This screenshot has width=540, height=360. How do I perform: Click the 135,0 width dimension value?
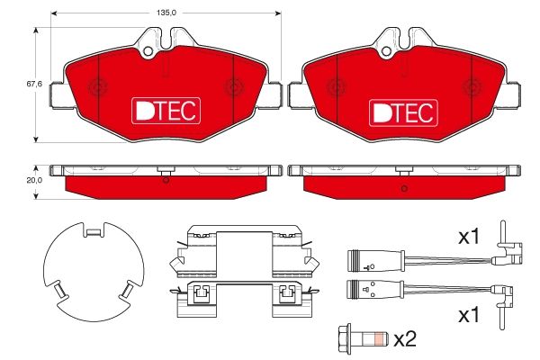point(166,13)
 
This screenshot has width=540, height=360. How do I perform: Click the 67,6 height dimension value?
point(34,84)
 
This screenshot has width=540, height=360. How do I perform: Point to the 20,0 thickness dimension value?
point(34,180)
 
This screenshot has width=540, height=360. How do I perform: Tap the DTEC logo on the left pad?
point(166,111)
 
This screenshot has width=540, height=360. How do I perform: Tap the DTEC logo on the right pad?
point(403,112)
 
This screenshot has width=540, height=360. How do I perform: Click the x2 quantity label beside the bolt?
point(405,339)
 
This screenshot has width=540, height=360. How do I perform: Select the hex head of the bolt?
point(345,339)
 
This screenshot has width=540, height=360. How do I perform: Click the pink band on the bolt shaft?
point(379,339)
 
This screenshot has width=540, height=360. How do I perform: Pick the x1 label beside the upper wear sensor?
point(469,237)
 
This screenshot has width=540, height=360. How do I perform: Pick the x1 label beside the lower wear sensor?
point(469,315)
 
